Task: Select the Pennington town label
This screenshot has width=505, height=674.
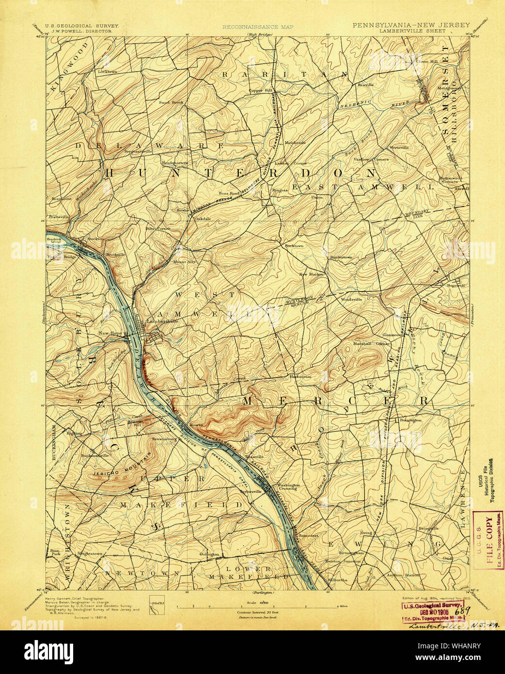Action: tap(410, 420)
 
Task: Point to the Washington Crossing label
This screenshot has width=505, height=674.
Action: tap(288, 486)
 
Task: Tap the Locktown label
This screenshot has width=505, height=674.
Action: tap(108, 72)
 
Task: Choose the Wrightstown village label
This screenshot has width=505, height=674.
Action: tap(90, 552)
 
